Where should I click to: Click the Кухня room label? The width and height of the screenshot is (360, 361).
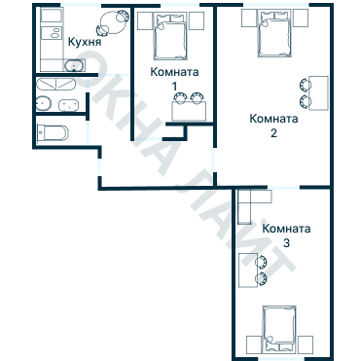tap(85, 42)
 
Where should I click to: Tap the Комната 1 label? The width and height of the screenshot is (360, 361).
tap(174, 79)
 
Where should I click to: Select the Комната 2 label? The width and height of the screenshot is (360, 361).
tap(273, 126)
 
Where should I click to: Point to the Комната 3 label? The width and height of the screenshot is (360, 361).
tap(286, 235)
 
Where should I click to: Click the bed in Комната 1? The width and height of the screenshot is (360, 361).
tap(171, 36)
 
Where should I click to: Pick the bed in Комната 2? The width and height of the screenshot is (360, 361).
tap(274, 33)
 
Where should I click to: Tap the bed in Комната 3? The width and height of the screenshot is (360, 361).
tap(279, 329)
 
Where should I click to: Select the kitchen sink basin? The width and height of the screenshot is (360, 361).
tap(74, 65)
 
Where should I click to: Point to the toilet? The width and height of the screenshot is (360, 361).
tap(53, 133)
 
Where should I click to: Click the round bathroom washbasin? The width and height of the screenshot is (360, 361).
tap(44, 103)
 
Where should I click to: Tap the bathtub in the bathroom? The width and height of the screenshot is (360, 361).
tap(55, 84)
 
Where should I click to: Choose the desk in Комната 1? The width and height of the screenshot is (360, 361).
tap(189, 111)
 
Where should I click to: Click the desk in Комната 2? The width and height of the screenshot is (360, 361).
tap(318, 93)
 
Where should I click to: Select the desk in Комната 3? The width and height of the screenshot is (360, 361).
tap(248, 271)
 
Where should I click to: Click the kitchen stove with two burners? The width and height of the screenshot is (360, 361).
tap(52, 33)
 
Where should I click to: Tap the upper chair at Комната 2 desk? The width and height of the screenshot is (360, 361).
tap(306, 85)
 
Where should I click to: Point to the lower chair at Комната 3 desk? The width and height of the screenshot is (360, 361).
tap(261, 278)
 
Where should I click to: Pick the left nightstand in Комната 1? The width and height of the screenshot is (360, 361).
tap(145, 21)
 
